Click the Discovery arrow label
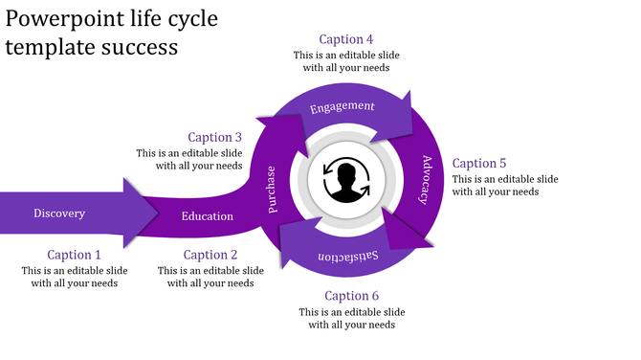(x=59, y=214)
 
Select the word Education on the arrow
(x=208, y=216)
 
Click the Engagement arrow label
(x=343, y=106)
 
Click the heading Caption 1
(x=75, y=255)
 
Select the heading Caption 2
(x=210, y=255)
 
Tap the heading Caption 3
(x=215, y=137)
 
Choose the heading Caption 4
(x=346, y=39)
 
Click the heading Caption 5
(x=479, y=163)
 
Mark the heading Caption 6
(x=352, y=296)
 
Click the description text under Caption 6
(x=351, y=319)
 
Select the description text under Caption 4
(x=346, y=61)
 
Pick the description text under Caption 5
(x=505, y=186)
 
